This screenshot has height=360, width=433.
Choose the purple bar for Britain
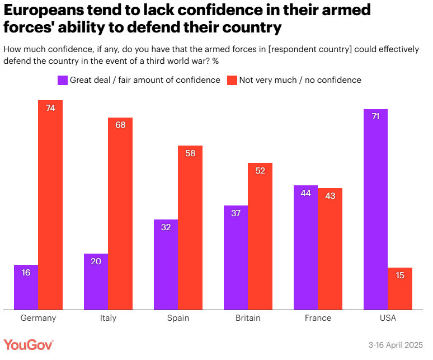tap(236, 257)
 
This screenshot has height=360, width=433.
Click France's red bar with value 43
tap(330, 249)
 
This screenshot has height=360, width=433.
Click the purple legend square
tap(63, 80)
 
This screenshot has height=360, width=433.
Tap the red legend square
tap(232, 80)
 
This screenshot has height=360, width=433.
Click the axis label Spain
tap(178, 318)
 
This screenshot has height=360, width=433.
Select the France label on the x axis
tap(318, 318)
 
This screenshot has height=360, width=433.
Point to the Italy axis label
tap(108, 318)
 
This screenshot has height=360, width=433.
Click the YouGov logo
tap(29, 345)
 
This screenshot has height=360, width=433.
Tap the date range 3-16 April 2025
tap(396, 345)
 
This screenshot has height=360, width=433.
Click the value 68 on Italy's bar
tap(120, 125)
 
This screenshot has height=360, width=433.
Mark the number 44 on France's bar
tap(305, 193)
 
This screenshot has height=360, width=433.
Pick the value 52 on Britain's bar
tap(260, 171)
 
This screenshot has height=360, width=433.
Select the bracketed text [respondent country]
tap(310, 49)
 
